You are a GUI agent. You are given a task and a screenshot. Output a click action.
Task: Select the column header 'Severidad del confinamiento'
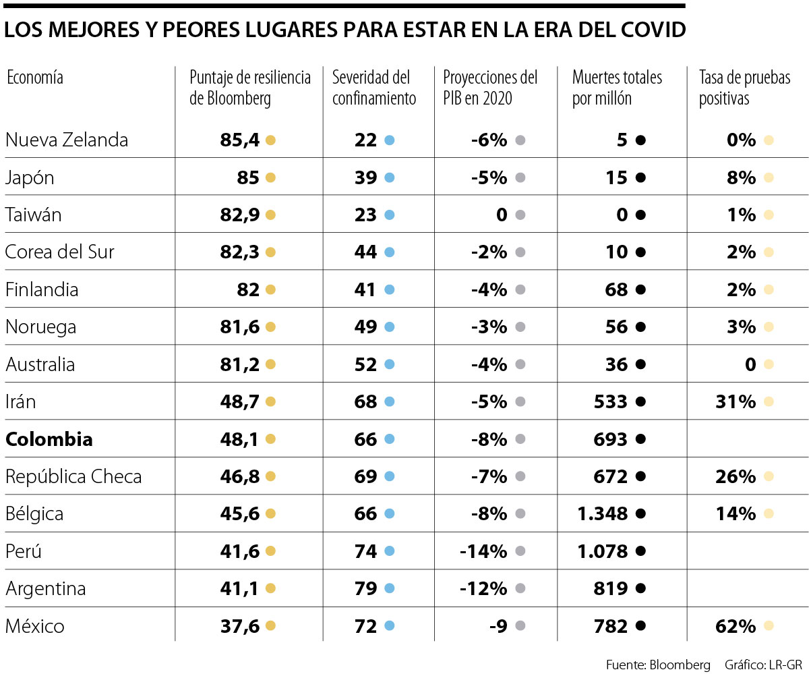[374, 88]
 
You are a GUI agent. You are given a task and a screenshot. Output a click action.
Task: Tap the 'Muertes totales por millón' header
[617, 88]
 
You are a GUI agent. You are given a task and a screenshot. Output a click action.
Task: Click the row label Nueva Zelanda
[66, 140]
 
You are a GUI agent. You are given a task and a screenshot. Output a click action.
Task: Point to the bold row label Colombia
[49, 439]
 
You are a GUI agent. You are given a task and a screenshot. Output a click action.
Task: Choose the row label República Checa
[73, 477]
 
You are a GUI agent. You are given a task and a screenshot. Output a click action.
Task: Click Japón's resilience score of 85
[247, 177]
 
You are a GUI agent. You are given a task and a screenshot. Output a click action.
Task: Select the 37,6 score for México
[239, 626]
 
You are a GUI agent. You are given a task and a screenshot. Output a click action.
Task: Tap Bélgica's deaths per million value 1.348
[602, 514]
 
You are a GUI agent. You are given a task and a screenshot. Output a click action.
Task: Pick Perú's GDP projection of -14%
[483, 551]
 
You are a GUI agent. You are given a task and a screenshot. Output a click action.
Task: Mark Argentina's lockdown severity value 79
[365, 589]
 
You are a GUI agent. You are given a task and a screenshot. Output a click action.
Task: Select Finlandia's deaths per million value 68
[616, 290]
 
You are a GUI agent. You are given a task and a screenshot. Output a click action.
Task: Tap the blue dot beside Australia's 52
[389, 365]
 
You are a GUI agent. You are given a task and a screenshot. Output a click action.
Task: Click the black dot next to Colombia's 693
[640, 439]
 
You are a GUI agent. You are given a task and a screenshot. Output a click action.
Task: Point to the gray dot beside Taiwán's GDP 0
[520, 215]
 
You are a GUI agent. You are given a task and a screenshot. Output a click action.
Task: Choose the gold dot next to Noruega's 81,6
[270, 327]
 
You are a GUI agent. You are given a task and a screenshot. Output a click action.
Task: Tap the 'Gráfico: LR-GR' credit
[763, 664]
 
